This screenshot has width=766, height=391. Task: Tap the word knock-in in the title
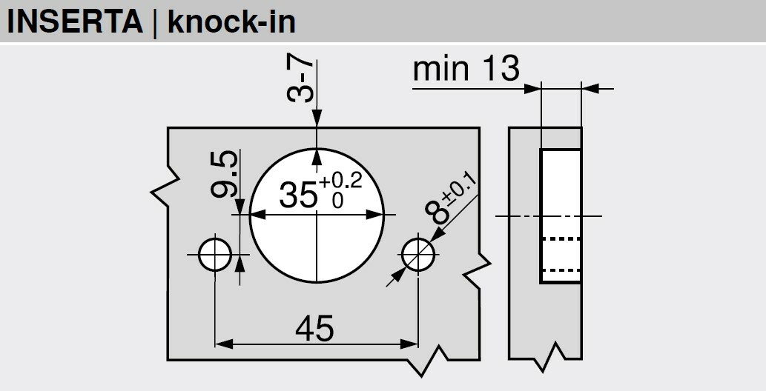[x=232, y=21]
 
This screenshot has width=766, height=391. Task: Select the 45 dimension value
[x=314, y=328]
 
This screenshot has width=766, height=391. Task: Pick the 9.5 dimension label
[x=223, y=175]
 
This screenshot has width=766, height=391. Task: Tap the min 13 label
[x=466, y=70]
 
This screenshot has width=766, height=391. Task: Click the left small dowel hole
[x=214, y=255]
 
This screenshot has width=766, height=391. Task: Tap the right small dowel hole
[x=418, y=255]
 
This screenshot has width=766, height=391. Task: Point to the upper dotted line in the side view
[x=561, y=238]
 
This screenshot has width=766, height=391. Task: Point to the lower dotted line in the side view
[x=561, y=270]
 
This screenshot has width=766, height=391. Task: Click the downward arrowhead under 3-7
[x=317, y=120]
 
